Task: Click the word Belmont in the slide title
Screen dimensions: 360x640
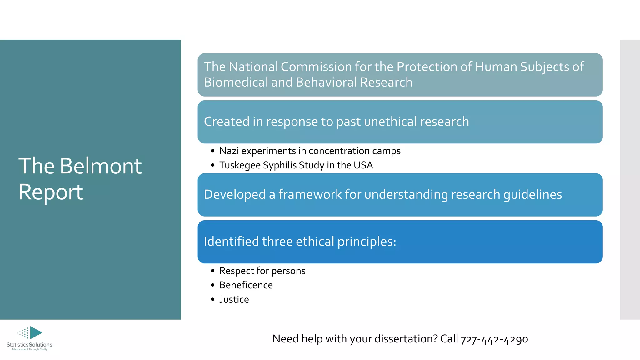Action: point(101,166)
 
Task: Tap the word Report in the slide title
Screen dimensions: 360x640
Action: point(51,192)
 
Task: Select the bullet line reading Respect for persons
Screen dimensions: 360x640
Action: point(262,271)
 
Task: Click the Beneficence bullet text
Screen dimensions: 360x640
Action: point(246,285)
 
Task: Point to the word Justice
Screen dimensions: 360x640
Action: point(234,299)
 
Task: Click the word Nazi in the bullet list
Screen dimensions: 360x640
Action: point(229,151)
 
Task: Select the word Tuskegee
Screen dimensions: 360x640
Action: point(240,165)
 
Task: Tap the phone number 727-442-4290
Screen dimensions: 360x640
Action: point(494,339)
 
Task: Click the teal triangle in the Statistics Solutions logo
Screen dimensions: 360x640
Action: point(36,332)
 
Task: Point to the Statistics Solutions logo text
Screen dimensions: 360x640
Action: point(29,345)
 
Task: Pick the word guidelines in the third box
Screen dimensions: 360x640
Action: point(532,194)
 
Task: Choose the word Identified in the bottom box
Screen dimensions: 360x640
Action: point(231,242)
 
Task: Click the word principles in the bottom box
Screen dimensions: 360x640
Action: point(367,242)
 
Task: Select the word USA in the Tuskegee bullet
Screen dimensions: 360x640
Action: point(363,165)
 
